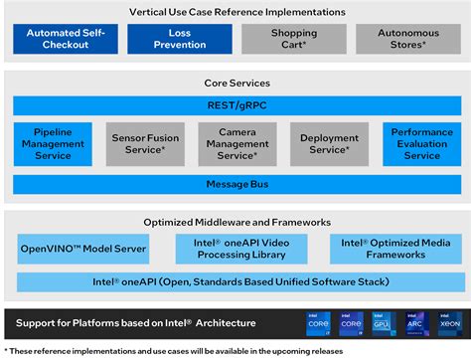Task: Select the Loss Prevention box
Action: coord(180,39)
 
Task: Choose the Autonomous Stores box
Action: coord(408,39)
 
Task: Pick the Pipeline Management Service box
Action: coord(53,143)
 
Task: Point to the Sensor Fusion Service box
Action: coord(144,143)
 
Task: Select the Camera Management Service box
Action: coord(236,143)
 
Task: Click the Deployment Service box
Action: coord(329,143)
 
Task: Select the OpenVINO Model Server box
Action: coord(83,249)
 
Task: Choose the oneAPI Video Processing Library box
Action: coord(241,249)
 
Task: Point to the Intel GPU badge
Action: coord(383,323)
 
